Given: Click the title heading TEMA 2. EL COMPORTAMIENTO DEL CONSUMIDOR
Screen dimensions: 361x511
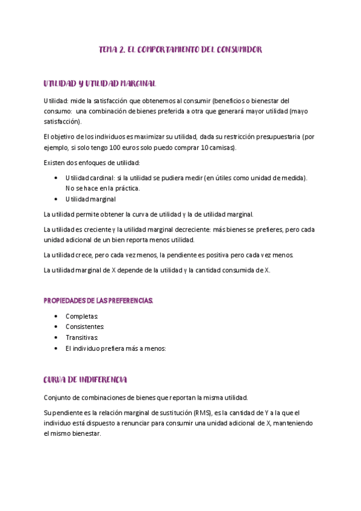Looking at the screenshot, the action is (x=180, y=50).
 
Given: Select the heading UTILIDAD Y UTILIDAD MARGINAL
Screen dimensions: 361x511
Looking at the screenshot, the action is (x=99, y=83).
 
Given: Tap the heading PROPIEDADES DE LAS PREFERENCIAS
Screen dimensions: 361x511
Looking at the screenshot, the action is (x=99, y=300).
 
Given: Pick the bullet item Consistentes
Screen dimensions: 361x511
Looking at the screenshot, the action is (x=85, y=327).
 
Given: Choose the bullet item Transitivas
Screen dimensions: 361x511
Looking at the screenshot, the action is (x=81, y=337).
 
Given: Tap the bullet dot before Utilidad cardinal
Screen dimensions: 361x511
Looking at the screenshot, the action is (x=56, y=178).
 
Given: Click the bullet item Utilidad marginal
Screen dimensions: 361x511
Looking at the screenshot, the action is (x=90, y=199).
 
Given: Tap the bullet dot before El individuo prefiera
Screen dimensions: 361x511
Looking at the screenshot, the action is (x=56, y=348).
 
